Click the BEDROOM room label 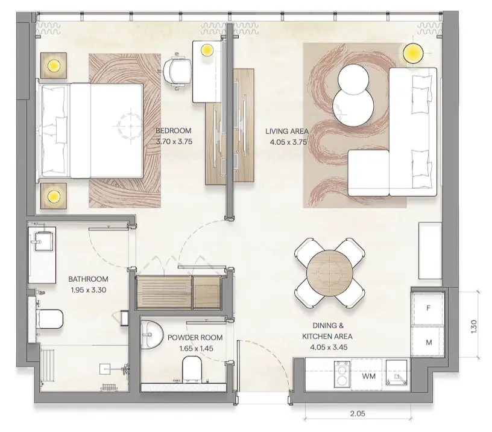[x=173, y=131]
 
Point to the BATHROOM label [x=88, y=279]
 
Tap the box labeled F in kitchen [x=429, y=308]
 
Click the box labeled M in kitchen [x=429, y=343]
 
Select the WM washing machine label [x=370, y=376]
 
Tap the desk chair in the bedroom [x=175, y=70]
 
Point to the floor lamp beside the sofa [x=413, y=52]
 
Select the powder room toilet [x=194, y=369]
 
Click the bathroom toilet [x=49, y=317]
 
